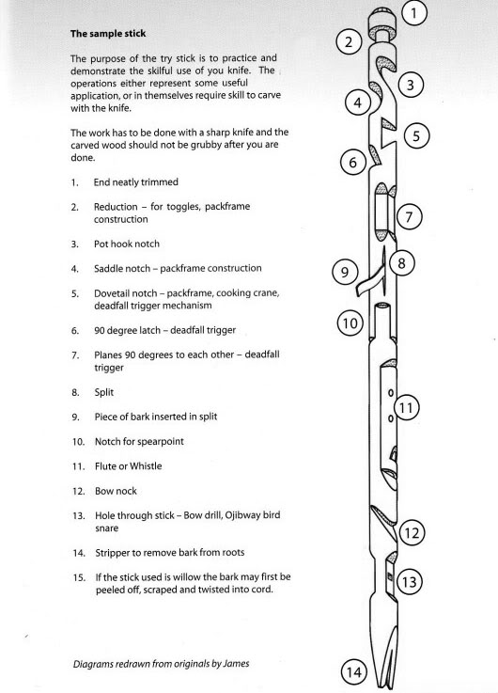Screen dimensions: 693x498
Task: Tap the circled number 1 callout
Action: point(416,13)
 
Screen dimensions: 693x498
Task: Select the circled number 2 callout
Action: point(350,42)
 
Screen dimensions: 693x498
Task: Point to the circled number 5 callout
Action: point(419,135)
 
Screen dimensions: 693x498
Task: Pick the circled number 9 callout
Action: point(346,273)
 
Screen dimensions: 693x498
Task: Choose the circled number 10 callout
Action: point(350,323)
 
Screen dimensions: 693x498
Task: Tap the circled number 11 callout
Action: point(406,408)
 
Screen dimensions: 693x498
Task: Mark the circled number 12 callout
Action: point(411,532)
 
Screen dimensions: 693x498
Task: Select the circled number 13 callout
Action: point(409,582)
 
